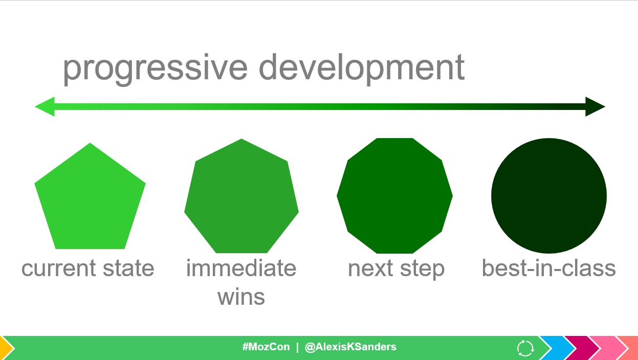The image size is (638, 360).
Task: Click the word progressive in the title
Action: click(155, 69)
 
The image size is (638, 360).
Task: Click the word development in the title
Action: click(362, 69)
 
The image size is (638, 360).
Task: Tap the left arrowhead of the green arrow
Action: click(45, 107)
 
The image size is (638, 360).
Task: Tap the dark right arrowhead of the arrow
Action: click(595, 107)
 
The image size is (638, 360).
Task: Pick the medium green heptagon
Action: click(241, 196)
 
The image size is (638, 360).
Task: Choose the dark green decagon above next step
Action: click(395, 196)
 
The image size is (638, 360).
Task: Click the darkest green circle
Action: click(549, 196)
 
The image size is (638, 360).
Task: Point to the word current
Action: click(59, 268)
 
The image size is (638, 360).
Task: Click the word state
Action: click(128, 268)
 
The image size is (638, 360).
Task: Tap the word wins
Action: click(241, 297)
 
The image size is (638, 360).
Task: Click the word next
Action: click(370, 268)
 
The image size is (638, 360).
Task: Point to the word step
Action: click(423, 270)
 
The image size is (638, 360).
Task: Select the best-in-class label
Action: click(549, 268)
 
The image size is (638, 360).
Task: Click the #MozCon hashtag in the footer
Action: click(266, 347)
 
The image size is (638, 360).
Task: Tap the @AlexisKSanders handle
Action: click(350, 347)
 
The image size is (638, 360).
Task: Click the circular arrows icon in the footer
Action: click(525, 348)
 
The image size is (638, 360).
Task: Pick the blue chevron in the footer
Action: click(557, 348)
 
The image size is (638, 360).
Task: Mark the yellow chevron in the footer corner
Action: click(6, 348)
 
